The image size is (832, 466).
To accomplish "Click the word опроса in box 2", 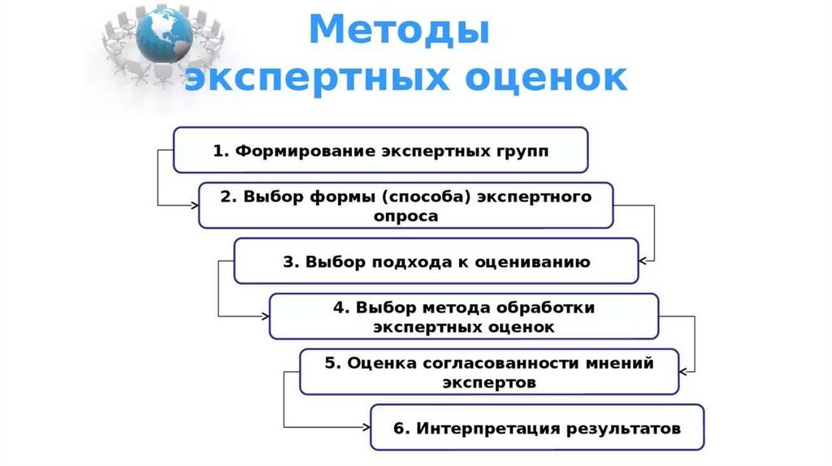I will pos(406,217).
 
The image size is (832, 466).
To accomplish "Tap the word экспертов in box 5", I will pos(489,382).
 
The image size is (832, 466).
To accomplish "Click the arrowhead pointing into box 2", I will pos(193,205).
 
